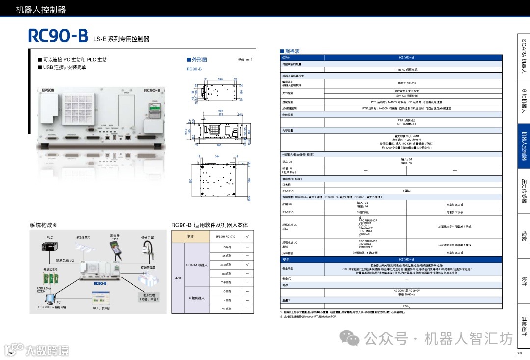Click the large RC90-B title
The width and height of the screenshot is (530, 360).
pyautogui.click(x=58, y=35)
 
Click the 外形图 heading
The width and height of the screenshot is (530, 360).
pyautogui.click(x=196, y=60)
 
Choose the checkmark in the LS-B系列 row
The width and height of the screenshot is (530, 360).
pyautogui.click(x=247, y=265)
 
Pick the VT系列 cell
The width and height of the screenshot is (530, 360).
pyautogui.click(x=227, y=309)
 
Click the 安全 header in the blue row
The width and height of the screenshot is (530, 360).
pyautogui.click(x=286, y=259)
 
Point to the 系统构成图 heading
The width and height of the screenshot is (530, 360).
pyautogui.click(x=44, y=225)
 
